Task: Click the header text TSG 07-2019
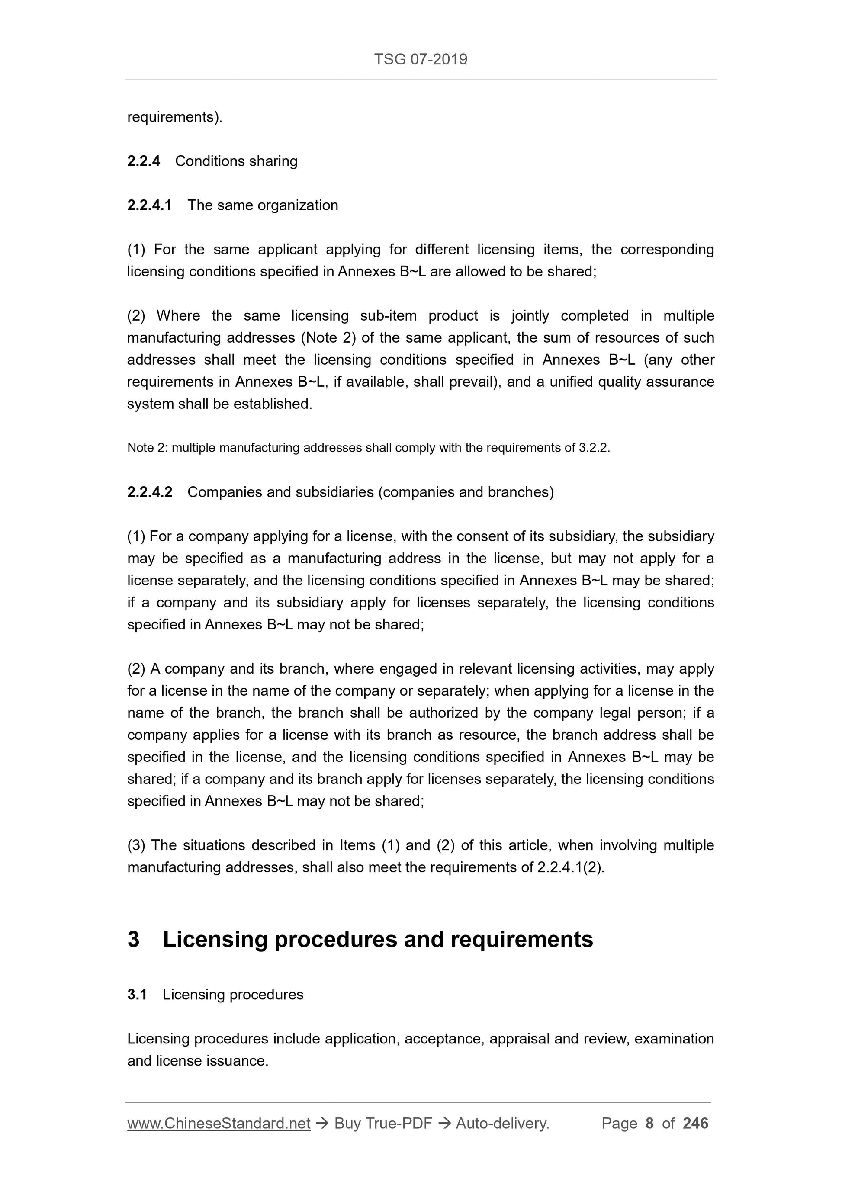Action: coord(420,60)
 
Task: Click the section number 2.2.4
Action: coord(144,161)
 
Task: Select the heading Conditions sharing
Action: coord(236,161)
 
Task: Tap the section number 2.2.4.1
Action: coord(149,205)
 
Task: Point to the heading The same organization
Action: coord(263,205)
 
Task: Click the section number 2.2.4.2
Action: coord(149,492)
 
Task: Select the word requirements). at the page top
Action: coord(174,117)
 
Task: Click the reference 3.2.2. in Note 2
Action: coord(594,448)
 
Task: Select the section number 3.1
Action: coord(137,995)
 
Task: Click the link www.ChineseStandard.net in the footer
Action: coord(219,1124)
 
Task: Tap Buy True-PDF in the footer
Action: coord(383,1124)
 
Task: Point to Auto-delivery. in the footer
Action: coord(502,1124)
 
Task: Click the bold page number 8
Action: coord(649,1124)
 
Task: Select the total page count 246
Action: coord(695,1124)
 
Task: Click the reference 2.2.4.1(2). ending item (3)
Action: coord(571,868)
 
